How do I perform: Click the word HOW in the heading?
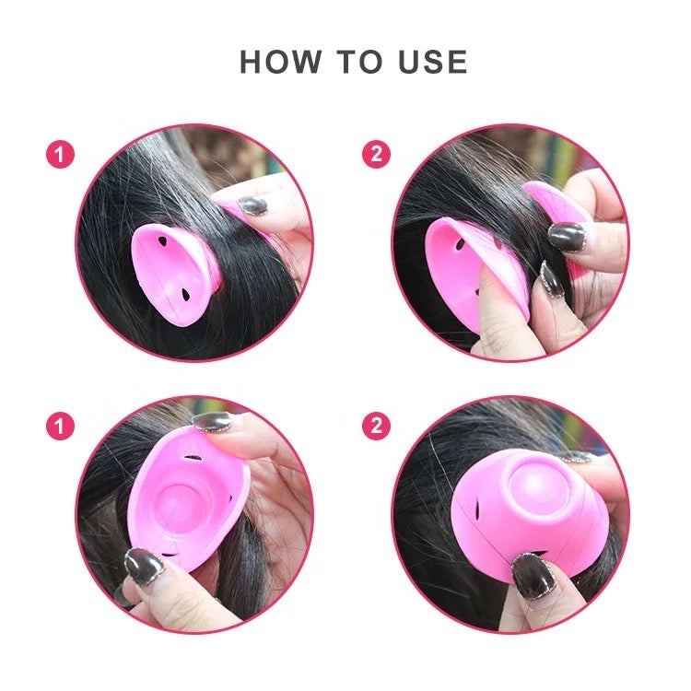point(281,62)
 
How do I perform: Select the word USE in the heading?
point(432,62)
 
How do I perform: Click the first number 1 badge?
point(61,154)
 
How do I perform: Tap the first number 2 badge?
point(376,154)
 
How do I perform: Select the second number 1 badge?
point(61,427)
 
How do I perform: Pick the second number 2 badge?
point(376,427)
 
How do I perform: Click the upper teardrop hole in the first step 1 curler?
point(162,241)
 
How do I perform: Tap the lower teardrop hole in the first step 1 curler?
point(186,295)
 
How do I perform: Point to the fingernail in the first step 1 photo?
point(252,205)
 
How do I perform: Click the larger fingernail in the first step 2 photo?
point(567,237)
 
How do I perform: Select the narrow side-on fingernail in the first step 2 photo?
point(549,279)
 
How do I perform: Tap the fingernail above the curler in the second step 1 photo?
point(212,421)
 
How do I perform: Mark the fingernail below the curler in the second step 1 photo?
point(144,567)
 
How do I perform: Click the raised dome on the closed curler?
point(534,481)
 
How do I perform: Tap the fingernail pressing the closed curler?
point(534,576)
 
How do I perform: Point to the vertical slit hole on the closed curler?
point(477,509)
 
